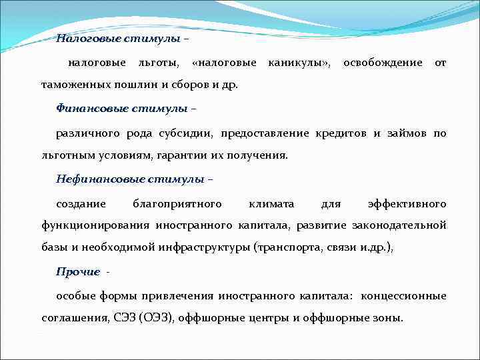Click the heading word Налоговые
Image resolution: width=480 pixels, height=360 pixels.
[84, 39]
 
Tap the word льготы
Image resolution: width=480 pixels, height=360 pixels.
[157, 63]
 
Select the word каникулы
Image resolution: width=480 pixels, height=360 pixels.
[298, 63]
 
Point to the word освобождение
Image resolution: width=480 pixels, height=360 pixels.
[382, 63]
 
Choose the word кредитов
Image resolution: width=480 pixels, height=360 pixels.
[340, 133]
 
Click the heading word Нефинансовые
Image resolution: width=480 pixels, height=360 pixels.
[93, 179]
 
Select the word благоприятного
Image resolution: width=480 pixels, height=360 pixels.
[177, 203]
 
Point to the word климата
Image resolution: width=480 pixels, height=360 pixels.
[272, 203]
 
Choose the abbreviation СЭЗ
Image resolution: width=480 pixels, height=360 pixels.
[123, 318]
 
